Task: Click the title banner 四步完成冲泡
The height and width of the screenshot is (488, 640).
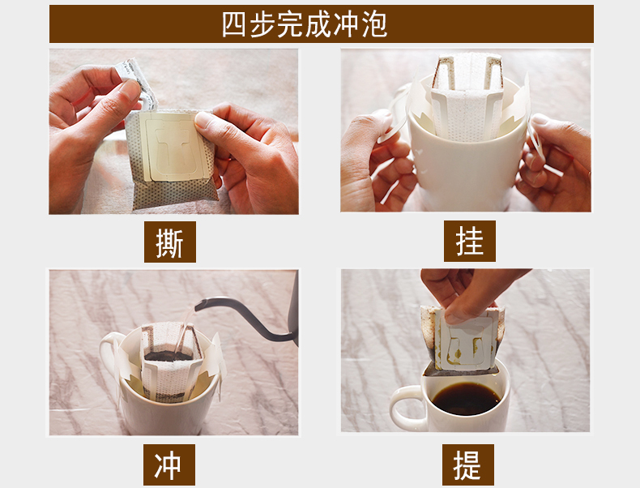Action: pos(322,24)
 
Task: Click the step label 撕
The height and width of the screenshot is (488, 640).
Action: pos(170,242)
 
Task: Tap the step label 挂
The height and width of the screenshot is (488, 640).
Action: pos(470,242)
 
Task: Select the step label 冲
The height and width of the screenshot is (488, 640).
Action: pos(169,464)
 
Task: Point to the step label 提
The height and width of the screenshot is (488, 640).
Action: pos(468,464)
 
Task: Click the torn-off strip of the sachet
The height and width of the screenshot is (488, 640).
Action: pos(137,83)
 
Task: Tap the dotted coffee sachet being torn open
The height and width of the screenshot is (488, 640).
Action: pos(171,158)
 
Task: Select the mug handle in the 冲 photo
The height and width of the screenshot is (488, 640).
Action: pos(109,355)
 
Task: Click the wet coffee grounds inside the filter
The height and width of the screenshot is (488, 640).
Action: pos(169,355)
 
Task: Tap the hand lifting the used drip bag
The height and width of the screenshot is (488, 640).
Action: pos(465,292)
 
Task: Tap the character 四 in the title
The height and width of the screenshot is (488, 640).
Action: pos(234,24)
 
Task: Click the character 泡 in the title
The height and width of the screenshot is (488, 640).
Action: pos(374,24)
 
